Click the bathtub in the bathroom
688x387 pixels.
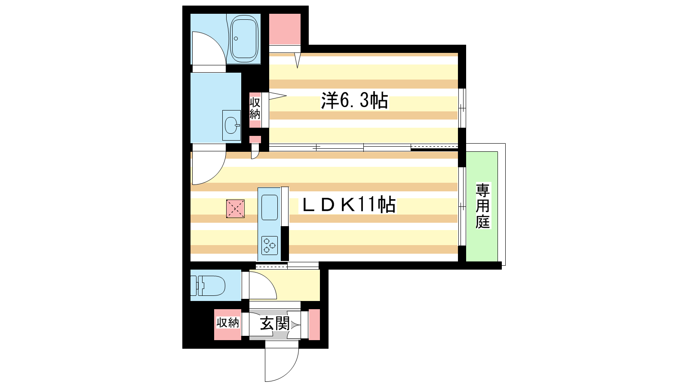coord(244,39)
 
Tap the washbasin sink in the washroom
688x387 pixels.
coord(232,125)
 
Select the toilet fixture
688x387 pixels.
coord(208,286)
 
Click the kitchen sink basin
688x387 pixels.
coord(270,207)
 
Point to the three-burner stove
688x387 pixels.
coord(270,246)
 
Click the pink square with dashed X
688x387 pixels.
coord(235,209)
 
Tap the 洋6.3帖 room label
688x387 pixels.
coord(354,100)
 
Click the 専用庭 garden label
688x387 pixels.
coord(482,206)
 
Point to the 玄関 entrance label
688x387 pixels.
coord(275,323)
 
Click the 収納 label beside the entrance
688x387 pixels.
coord(227,323)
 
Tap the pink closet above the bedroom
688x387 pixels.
coord(285,29)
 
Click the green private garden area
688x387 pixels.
coord(482,206)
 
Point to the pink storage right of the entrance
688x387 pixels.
coord(314,324)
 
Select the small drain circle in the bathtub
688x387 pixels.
coord(236,39)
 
